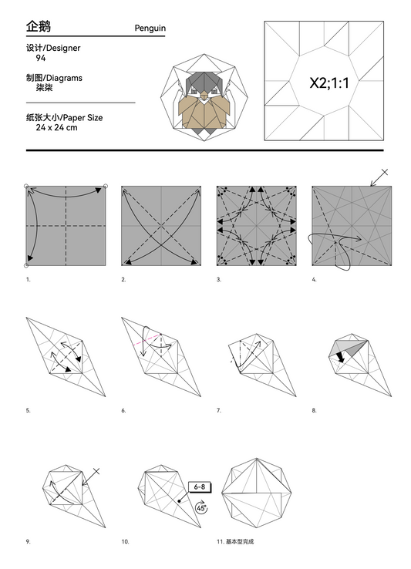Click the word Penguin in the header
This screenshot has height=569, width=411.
pos(150,29)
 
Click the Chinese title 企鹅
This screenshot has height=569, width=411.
pos(38,26)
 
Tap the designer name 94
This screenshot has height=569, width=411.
pos(40,58)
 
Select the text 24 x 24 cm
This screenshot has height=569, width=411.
pos(56,126)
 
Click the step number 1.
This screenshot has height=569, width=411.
pos(28,280)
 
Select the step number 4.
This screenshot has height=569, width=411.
pos(314,280)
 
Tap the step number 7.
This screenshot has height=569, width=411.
pos(219,411)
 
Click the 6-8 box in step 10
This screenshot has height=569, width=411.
pos(199,487)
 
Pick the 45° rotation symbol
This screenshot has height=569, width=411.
pos(200,509)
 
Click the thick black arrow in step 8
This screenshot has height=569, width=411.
pos(340,357)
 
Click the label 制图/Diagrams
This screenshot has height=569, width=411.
pos(53,78)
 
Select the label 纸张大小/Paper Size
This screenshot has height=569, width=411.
pos(63,117)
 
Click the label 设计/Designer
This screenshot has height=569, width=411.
pos(52,49)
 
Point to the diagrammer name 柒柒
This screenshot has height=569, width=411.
pos(45,88)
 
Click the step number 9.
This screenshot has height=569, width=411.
pos(28,542)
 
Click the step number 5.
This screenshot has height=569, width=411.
pos(28,411)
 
